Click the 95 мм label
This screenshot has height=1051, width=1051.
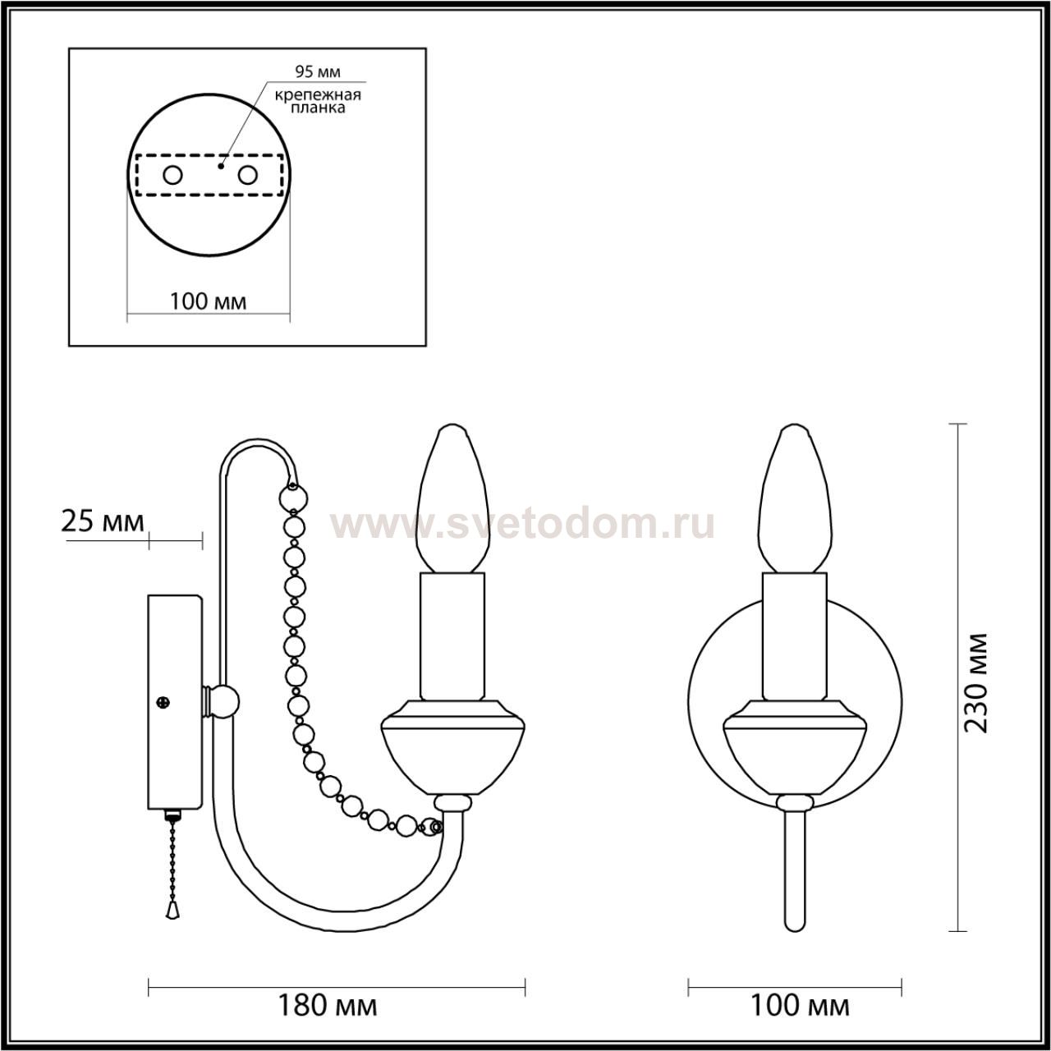click(318, 71)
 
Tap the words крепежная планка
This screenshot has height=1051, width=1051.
click(318, 102)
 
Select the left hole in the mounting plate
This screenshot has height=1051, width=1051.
click(173, 176)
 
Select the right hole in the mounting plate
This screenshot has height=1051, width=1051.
click(247, 176)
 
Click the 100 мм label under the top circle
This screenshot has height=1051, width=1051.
click(209, 301)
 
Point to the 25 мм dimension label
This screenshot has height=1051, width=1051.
click(103, 521)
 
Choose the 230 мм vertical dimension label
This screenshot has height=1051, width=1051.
click(975, 682)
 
